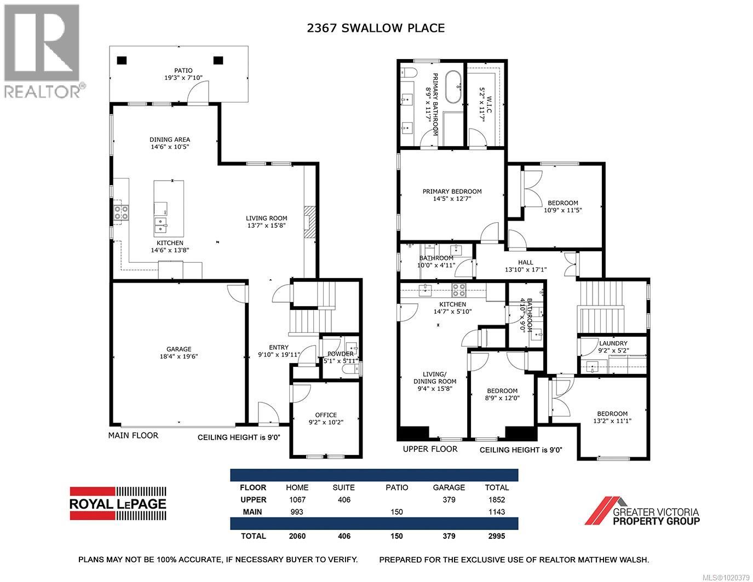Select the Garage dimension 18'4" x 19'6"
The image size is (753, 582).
(x=179, y=356)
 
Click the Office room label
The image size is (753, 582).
(x=325, y=414)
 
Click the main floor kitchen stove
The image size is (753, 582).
(x=121, y=212)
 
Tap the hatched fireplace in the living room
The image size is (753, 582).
(x=310, y=221)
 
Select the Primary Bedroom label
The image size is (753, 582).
(x=452, y=191)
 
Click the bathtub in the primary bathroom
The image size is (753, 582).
(x=452, y=87)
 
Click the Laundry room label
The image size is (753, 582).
(x=612, y=343)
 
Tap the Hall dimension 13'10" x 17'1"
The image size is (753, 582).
(x=525, y=269)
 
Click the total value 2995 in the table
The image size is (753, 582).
(x=496, y=536)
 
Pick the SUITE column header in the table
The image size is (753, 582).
(x=343, y=487)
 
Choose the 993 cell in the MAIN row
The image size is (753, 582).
(x=297, y=512)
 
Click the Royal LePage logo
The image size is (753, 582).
(x=118, y=503)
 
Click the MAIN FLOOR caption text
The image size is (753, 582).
(x=133, y=435)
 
